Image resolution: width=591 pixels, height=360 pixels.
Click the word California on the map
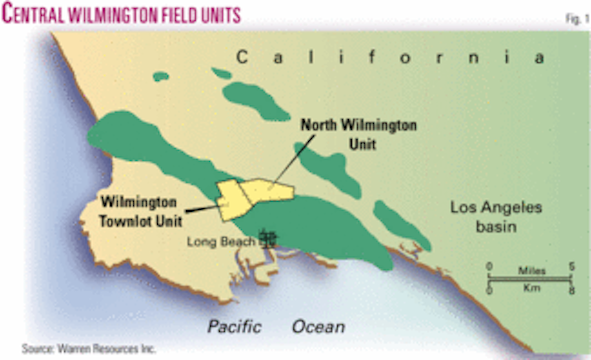coord(390,58)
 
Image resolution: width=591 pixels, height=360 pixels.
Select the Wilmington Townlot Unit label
coord(141,212)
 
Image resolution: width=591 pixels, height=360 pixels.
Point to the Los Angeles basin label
coord(496,217)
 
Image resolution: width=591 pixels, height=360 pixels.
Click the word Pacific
coord(234,327)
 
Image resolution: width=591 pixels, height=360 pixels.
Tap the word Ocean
coord(318,327)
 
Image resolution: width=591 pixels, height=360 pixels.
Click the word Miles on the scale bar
coord(531,270)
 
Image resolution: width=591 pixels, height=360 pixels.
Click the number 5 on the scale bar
coord(571,266)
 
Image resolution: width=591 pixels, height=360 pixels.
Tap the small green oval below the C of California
coord(161,76)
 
